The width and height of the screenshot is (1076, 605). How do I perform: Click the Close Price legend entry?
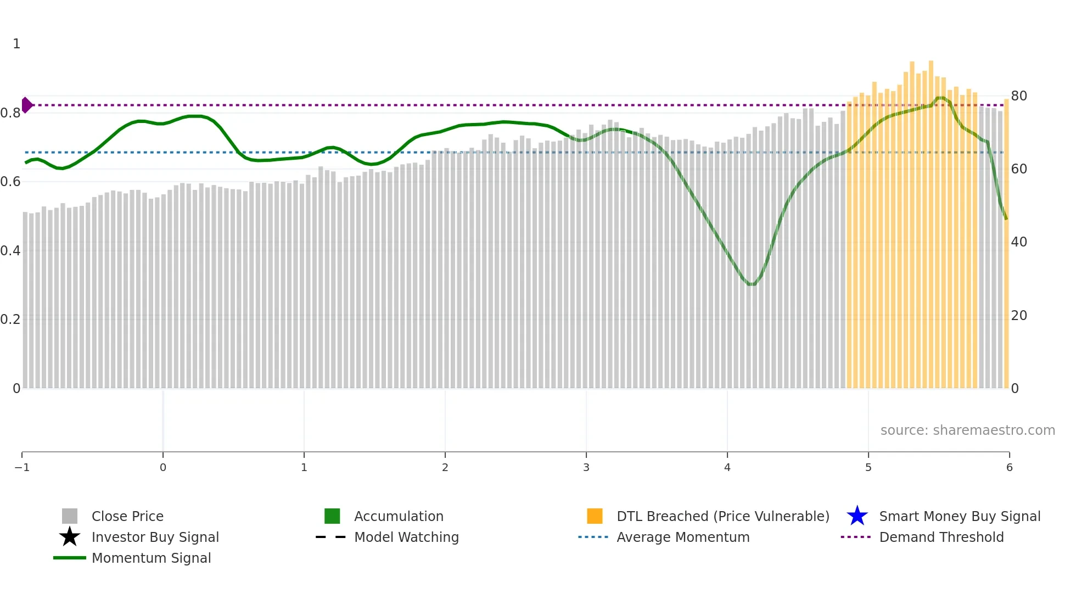click(127, 516)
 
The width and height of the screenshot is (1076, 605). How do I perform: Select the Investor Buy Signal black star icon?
click(70, 537)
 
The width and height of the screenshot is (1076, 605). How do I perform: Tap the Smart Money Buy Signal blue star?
click(857, 516)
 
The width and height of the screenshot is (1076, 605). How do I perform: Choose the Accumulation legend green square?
click(332, 516)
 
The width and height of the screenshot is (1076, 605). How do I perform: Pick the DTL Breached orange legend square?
click(595, 516)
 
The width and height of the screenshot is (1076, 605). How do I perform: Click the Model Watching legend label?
click(406, 537)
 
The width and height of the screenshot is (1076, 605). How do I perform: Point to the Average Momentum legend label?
click(683, 537)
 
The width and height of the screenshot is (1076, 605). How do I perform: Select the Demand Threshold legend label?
click(941, 537)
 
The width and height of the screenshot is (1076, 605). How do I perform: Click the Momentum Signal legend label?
click(151, 558)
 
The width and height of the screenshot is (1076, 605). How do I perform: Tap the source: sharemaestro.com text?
click(967, 430)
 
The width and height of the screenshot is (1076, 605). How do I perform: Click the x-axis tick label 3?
click(586, 467)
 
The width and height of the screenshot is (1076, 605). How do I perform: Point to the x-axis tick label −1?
click(22, 467)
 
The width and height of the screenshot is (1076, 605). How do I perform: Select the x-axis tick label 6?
click(1009, 467)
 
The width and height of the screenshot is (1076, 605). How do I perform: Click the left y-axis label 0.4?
click(10, 251)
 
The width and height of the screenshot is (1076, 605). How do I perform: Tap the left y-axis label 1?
click(16, 44)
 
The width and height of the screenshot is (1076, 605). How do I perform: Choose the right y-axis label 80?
click(1019, 96)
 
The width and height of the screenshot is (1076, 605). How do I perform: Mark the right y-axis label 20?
click(1019, 316)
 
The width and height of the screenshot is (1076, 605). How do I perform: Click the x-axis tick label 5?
click(868, 467)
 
